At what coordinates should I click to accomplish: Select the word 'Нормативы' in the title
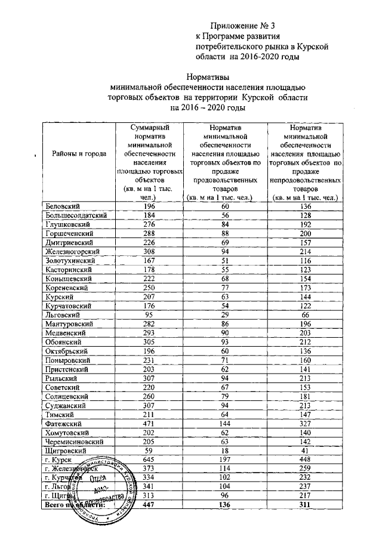[207, 76]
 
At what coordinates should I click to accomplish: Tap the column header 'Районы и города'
[79, 153]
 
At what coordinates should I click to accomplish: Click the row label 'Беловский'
[64, 206]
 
